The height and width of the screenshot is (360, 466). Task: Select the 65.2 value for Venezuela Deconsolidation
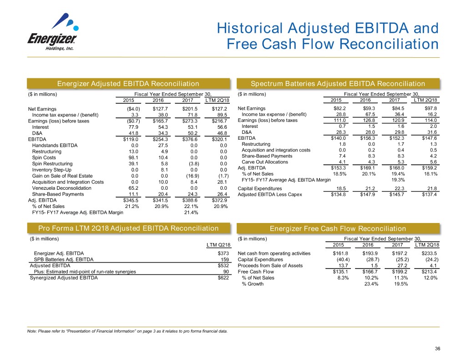pyautogui.click(x=134, y=188)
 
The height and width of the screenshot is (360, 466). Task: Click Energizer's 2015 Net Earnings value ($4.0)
pyautogui.click(x=133, y=109)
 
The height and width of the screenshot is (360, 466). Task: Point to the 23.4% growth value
pyautogui.click(x=368, y=284)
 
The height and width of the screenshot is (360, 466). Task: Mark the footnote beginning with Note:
pyautogui.click(x=127, y=331)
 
